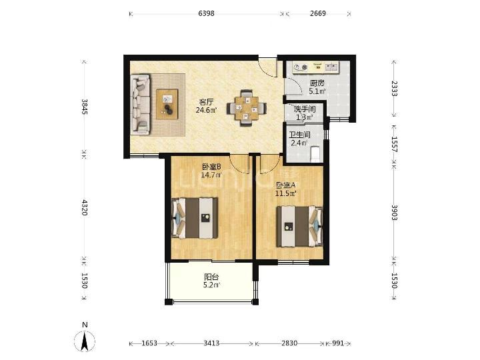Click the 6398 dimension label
206,13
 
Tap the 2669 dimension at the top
318,13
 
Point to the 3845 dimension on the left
85,107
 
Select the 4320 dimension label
85,207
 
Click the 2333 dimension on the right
394,89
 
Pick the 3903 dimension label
394,213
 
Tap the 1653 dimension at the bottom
149,343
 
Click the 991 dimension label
338,343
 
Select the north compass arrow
85,341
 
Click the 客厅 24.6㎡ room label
206,106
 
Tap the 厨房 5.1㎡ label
317,87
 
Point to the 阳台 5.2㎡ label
212,281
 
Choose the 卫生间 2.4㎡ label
300,139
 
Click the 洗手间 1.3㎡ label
305,113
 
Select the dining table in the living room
247,108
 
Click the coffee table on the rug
167,104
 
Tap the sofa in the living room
140,105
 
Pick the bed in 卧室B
195,217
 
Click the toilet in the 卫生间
315,154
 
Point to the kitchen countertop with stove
315,67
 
